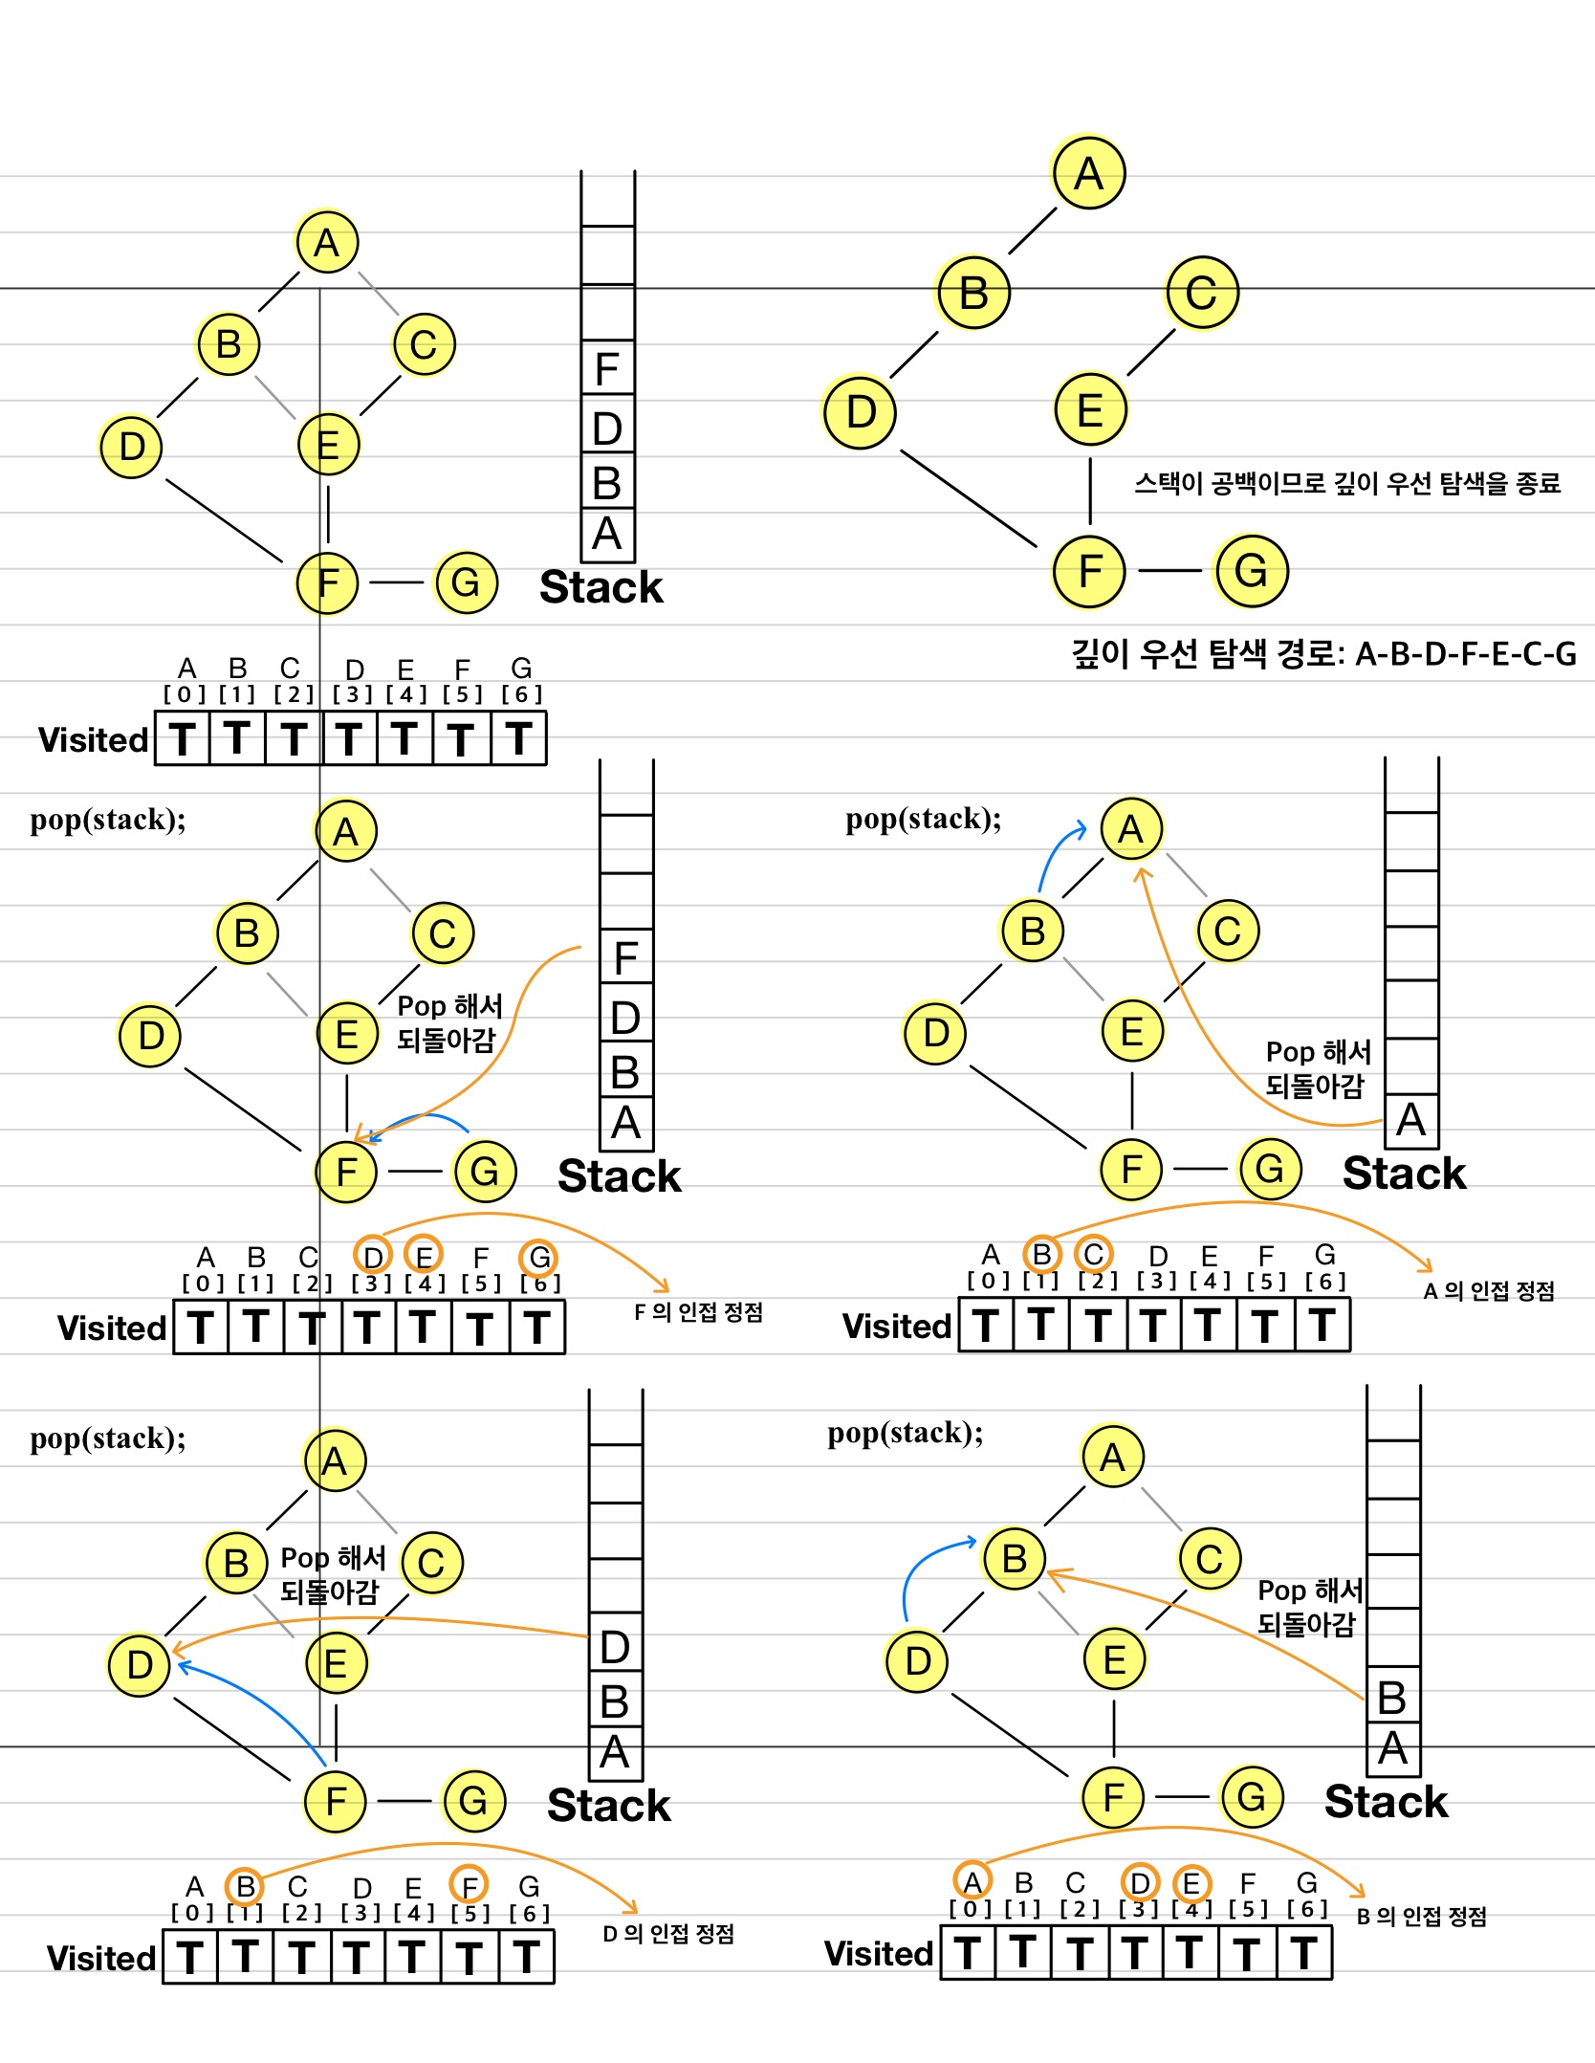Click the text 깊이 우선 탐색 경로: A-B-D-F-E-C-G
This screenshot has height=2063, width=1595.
pos(1323,655)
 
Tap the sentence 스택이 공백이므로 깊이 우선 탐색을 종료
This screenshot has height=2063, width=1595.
pos(1346,484)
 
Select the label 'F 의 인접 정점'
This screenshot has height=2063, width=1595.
pos(698,1312)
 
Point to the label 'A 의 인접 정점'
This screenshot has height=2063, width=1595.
pos(1488,1291)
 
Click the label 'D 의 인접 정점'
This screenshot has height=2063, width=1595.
pos(668,1934)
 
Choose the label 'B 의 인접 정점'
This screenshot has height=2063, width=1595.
pos(1422,1917)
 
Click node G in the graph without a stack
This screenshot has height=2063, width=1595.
pos(1251,571)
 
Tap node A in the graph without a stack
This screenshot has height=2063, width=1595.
pos(1088,173)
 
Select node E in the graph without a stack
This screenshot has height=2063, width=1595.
pos(1090,410)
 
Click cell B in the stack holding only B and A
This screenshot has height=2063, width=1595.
pos(1392,1699)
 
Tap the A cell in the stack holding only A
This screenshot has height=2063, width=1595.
pos(1411,1120)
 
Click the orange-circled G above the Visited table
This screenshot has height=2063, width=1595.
pos(539,1258)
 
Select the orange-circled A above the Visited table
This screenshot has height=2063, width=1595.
pos(972,1882)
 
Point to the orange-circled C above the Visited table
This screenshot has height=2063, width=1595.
pos(1093,1254)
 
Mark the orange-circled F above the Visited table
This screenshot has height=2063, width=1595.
pos(470,1886)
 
